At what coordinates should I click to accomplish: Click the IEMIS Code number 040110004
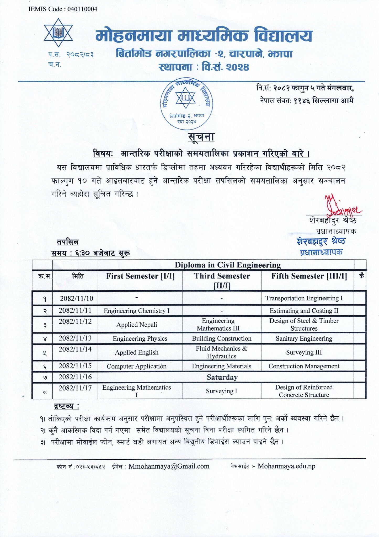pos(82,9)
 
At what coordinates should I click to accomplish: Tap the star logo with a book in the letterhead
pos(58,33)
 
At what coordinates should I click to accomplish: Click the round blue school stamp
pos(186,104)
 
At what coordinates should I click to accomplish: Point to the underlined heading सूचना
pos(201,137)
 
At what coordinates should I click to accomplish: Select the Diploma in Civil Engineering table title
pos(228,265)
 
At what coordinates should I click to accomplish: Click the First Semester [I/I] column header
pos(140,276)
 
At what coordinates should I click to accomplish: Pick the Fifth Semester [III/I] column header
pos(309,276)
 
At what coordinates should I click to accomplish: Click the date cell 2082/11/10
pos(76,298)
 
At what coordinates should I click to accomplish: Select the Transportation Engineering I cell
pos(304,298)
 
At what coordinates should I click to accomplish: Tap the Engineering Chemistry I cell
pos(136,311)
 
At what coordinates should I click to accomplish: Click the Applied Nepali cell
pos(137,325)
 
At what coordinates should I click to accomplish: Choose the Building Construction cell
pos(221,339)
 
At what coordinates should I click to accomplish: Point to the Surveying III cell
pos(304,352)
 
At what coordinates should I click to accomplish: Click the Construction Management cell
pos(304,366)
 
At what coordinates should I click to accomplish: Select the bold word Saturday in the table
pos(222,377)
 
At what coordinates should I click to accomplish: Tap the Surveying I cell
pos(221,391)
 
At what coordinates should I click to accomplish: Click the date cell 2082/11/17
pos(75,388)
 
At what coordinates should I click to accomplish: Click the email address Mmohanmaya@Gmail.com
pos(169,466)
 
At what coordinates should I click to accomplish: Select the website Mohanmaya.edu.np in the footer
pos(286,466)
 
